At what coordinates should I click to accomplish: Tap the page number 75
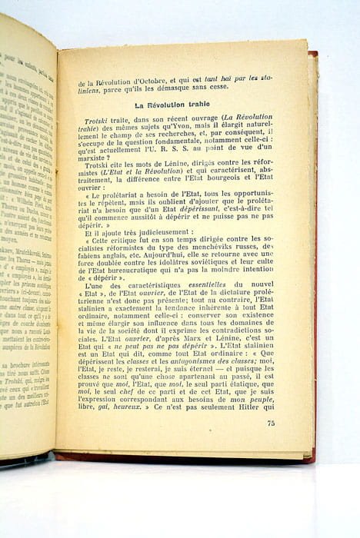[271, 423]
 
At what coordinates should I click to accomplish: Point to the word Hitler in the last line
[255, 408]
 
